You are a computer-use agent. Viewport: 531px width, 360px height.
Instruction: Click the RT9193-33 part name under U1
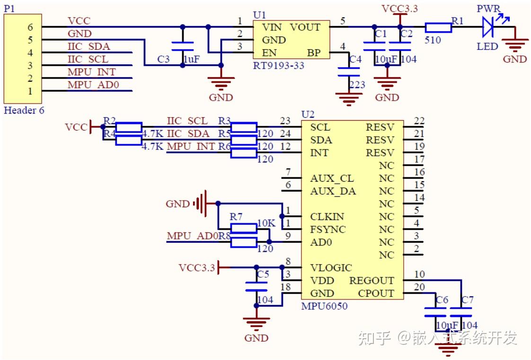(278, 65)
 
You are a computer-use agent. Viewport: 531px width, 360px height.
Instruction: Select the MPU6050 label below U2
(324, 306)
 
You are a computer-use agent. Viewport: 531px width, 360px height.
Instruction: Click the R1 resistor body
(438, 28)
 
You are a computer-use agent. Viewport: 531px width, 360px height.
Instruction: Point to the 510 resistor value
(433, 40)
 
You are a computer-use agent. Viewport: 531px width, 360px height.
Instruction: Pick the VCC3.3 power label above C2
(400, 9)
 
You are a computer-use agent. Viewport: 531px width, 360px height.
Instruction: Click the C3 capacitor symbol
(183, 46)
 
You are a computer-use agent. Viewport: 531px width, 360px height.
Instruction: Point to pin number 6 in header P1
(30, 27)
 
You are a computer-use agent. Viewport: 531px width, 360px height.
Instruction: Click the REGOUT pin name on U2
(372, 281)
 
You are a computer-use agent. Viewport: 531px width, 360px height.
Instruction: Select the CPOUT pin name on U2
(376, 293)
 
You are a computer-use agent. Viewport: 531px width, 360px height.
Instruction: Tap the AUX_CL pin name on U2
(332, 179)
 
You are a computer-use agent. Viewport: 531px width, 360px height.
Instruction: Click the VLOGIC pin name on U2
(331, 268)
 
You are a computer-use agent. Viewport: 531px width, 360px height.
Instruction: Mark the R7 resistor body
(244, 229)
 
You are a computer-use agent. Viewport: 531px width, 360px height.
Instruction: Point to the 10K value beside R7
(265, 222)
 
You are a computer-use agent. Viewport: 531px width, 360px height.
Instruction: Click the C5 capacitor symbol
(257, 287)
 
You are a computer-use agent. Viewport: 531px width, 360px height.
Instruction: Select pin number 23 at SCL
(285, 121)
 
